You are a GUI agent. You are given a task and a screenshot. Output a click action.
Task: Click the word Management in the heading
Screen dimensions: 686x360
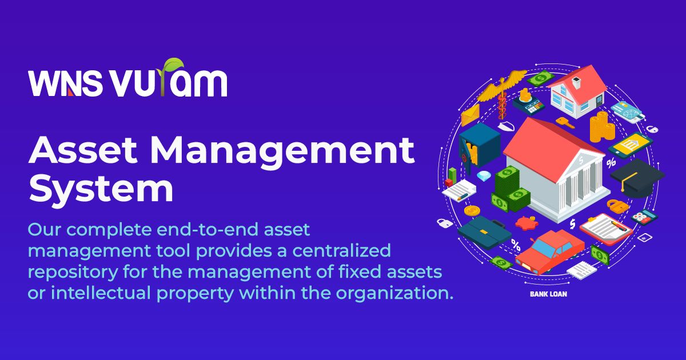pyautogui.click(x=282, y=151)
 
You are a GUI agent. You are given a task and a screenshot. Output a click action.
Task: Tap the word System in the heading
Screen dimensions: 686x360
pyautogui.click(x=101, y=189)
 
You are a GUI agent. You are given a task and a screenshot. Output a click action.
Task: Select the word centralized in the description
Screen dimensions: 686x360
pyautogui.click(x=341, y=250)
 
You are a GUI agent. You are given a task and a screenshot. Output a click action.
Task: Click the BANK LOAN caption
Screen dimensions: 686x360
pyautogui.click(x=548, y=294)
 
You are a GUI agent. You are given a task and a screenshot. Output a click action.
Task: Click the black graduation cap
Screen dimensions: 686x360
pyautogui.click(x=636, y=178)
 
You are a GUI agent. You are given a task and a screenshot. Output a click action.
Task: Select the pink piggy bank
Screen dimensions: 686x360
pyautogui.click(x=527, y=222)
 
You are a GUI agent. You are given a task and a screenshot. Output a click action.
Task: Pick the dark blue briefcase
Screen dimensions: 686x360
pyautogui.click(x=484, y=233)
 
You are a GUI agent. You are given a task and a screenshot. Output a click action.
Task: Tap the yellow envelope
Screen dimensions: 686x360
pyautogui.click(x=470, y=115)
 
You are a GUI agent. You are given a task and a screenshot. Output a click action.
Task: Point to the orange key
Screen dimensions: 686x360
pyautogui.click(x=565, y=122)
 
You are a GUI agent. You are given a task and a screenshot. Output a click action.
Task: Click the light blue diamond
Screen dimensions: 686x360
pyautogui.click(x=484, y=176)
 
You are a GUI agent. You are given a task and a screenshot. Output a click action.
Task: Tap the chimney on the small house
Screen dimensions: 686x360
pyautogui.click(x=576, y=83)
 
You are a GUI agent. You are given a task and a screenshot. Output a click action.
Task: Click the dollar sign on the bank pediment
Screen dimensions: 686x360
pyautogui.click(x=581, y=160)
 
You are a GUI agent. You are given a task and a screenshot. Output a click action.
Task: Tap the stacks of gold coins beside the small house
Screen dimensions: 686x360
pyautogui.click(x=602, y=127)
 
